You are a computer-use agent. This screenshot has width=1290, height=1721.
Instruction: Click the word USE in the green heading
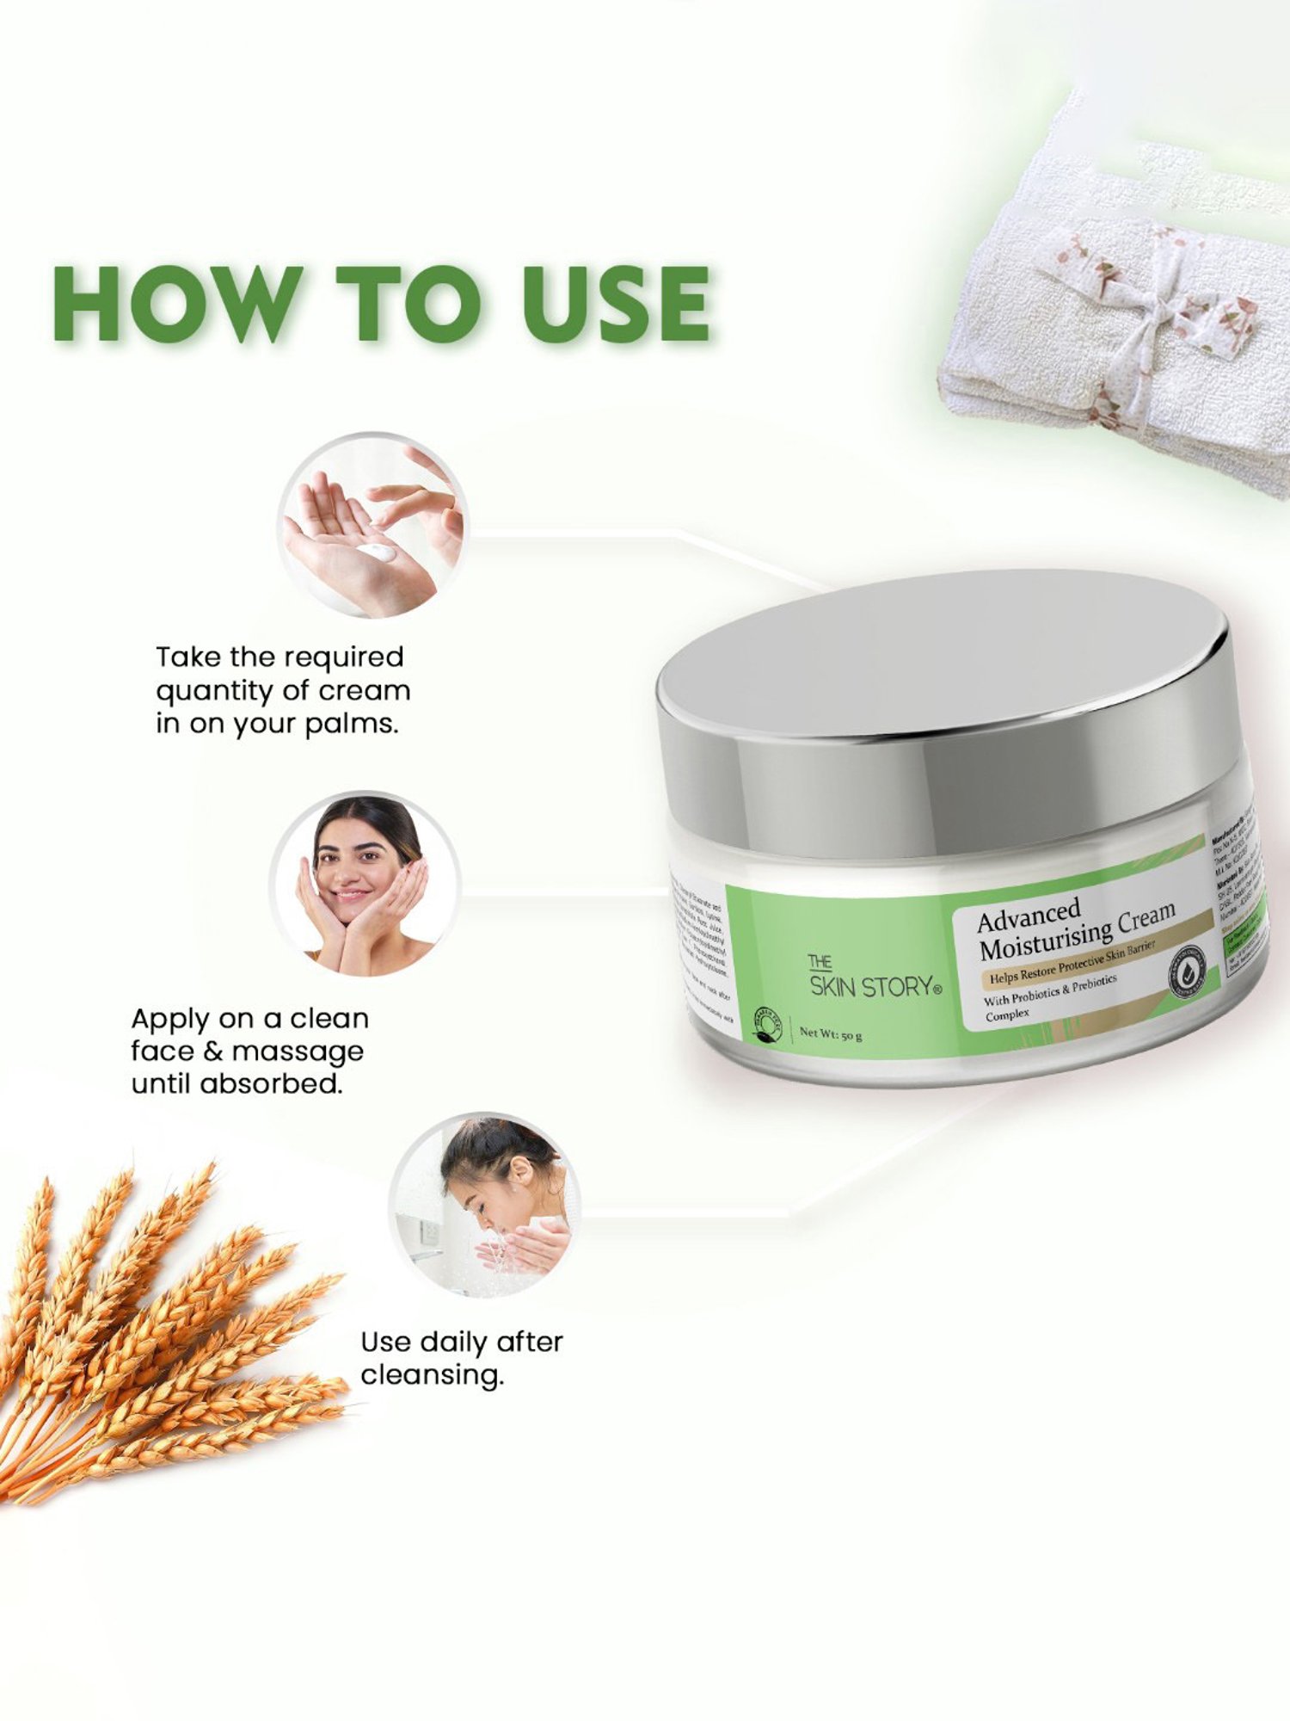click(616, 304)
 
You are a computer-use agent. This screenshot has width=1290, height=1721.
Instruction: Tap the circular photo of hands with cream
click(372, 527)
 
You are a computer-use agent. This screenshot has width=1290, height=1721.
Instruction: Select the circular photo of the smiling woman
click(365, 884)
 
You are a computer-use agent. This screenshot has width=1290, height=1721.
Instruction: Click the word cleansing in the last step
click(432, 1374)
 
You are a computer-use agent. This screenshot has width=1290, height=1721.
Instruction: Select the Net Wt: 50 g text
click(831, 1033)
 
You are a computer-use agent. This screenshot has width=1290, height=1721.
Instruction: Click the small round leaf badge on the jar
click(767, 1024)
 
